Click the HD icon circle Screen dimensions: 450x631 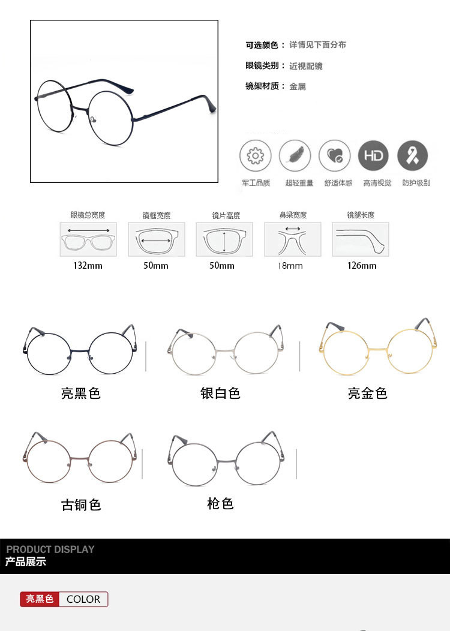373,155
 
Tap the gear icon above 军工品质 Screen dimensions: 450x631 255,155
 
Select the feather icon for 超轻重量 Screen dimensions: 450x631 295,155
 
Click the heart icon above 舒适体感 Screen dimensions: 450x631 334,155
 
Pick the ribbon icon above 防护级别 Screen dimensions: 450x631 412,155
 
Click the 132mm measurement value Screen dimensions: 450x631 88,266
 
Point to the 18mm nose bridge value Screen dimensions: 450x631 290,266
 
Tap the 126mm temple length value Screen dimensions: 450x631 362,266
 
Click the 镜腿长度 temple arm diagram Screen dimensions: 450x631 360,239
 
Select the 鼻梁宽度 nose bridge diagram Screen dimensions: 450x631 293,239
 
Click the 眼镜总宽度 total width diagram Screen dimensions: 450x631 88,239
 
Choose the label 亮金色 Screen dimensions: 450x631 367,393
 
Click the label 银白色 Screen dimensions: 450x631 220,393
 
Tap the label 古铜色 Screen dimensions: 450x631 81,504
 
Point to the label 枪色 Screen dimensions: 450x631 220,503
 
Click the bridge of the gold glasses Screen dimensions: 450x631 377,349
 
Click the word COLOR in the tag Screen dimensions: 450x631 83,599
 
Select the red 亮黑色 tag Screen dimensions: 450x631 40,599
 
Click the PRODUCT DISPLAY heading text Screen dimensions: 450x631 50,549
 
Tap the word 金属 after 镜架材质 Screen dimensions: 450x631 298,86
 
